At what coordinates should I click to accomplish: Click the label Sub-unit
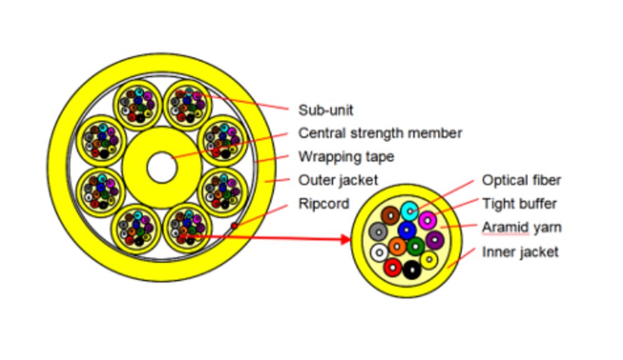tap(325, 110)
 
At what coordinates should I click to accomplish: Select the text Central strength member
tap(380, 133)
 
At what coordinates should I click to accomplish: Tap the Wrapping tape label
tap(346, 157)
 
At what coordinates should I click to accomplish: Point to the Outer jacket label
tap(338, 181)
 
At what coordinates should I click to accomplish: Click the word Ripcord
tap(323, 204)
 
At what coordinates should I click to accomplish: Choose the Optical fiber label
tap(521, 181)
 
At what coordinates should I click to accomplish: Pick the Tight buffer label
tap(519, 204)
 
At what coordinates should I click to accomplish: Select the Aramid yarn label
tap(521, 227)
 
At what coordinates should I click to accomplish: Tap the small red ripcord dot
tap(234, 225)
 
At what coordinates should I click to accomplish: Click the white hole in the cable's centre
tap(162, 168)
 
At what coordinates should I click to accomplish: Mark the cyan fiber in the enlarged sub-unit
tap(409, 211)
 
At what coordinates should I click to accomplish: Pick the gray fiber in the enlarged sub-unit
tap(378, 232)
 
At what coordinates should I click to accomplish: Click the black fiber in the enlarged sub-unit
tap(411, 270)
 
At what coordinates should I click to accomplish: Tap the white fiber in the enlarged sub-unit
tap(379, 252)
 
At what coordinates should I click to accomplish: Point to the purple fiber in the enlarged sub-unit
tap(434, 240)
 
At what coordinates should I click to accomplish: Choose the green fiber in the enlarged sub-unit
tap(415, 247)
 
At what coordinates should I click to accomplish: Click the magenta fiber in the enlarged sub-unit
tap(427, 220)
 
